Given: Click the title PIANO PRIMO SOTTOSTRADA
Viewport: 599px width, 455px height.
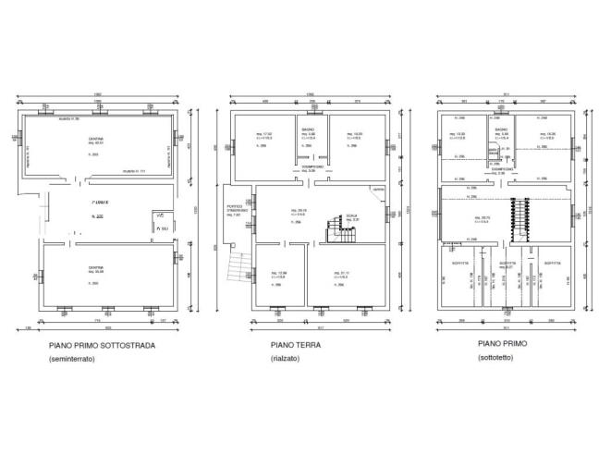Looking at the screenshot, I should click(102, 346).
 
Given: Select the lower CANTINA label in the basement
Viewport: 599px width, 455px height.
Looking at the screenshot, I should click(95, 268).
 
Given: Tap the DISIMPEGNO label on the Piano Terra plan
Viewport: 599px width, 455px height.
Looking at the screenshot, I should click(311, 167).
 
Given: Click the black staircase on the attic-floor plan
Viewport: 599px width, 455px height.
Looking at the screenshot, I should click(517, 221).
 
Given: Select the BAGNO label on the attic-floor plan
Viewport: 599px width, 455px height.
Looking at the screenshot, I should click(500, 129).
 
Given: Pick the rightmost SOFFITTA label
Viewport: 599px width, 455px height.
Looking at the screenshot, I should click(551, 264).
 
